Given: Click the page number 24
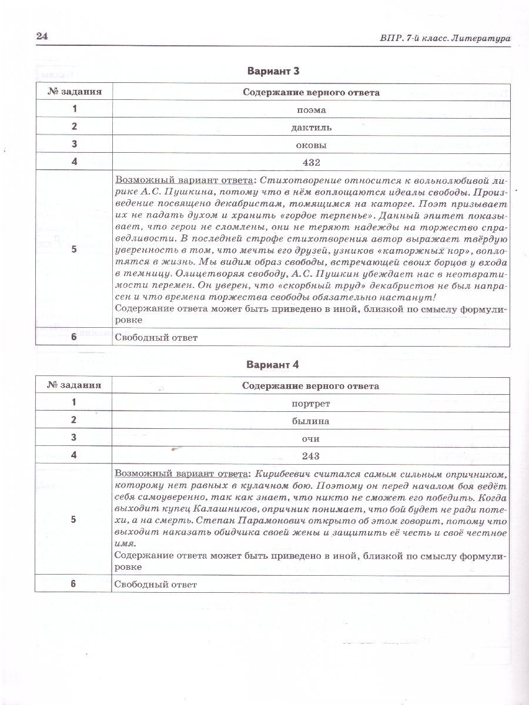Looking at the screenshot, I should click(42, 36).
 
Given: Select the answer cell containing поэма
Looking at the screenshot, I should click(312, 109).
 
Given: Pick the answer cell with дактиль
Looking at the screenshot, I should click(312, 127).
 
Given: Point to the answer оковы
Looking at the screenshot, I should click(312, 145).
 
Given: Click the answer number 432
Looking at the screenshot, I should click(312, 162).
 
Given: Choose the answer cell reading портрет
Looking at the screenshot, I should click(311, 404).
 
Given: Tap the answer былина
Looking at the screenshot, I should click(311, 421).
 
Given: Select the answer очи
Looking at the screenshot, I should click(311, 439).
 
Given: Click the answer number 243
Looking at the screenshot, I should click(311, 456).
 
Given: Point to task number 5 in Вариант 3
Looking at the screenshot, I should click(74, 249).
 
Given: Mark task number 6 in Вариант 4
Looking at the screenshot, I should click(74, 584).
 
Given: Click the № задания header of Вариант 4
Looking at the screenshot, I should click(74, 386).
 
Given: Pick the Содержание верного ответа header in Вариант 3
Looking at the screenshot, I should click(312, 92).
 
